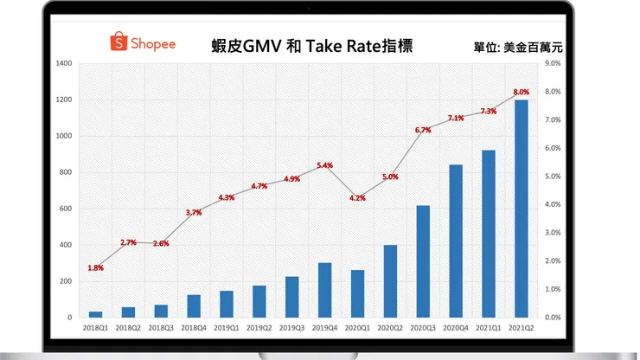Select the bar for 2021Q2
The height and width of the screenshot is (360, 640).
521,209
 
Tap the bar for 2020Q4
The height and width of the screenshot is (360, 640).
456,241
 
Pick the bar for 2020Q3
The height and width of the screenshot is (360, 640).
423,261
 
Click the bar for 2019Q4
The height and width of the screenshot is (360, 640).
325,290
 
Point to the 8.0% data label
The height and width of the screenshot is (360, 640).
521,92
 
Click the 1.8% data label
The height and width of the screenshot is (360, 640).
96,267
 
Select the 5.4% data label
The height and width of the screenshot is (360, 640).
325,165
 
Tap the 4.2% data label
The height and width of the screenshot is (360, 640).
357,198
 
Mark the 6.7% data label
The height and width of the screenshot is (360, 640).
423,130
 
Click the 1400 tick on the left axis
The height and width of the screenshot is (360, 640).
62,63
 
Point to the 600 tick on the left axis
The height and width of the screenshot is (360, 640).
65,209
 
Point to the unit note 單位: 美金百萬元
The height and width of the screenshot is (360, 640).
524,47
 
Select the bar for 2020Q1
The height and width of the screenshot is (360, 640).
357,293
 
